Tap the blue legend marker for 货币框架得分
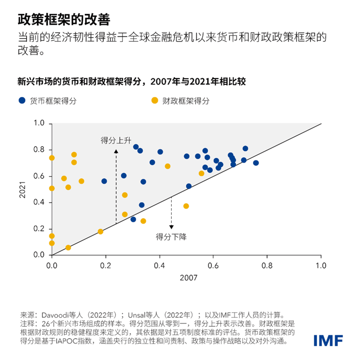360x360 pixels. pyautogui.click(x=21, y=101)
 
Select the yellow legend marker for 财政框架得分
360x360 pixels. pyautogui.click(x=154, y=101)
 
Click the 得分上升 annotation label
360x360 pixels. pyautogui.click(x=116, y=140)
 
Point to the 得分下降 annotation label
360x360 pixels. pyautogui.click(x=171, y=237)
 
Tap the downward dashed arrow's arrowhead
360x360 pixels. pyautogui.click(x=171, y=227)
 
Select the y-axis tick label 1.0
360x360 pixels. pyautogui.click(x=39, y=123)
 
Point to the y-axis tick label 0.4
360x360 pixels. pyautogui.click(x=39, y=203)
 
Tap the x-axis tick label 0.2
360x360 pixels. pyautogui.click(x=105, y=266)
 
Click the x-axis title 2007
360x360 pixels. pyautogui.click(x=186, y=278)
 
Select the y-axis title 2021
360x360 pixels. pyautogui.click(x=23, y=189)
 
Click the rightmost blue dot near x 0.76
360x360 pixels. pyautogui.click(x=256, y=163)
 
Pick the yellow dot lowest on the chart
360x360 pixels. pyautogui.click(x=68, y=247)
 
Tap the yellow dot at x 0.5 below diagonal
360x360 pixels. pyautogui.click(x=186, y=206)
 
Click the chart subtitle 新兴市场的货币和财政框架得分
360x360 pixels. pyautogui.click(x=82, y=81)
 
